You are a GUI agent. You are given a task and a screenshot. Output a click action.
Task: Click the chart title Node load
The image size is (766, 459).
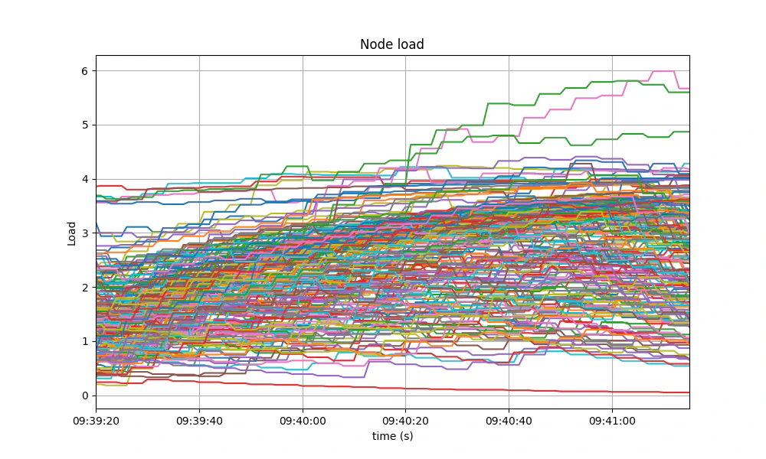[392, 44]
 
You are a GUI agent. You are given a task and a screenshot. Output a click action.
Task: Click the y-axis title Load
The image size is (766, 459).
[72, 233]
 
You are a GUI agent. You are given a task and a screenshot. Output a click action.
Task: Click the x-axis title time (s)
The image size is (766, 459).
[392, 436]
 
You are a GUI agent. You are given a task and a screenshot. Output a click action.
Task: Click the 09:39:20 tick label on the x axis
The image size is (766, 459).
[96, 421]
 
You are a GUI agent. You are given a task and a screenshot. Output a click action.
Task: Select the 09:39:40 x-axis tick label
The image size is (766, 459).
[199, 421]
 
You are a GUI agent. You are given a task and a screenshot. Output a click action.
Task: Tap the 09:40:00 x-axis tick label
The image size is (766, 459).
[303, 421]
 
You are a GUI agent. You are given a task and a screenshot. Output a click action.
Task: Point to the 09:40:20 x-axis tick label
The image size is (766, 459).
[405, 421]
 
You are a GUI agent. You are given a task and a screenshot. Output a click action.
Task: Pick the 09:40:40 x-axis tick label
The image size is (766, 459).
[509, 421]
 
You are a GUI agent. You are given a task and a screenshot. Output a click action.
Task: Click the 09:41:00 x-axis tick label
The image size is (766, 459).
[612, 421]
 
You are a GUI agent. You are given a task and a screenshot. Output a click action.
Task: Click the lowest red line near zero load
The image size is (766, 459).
[460, 389]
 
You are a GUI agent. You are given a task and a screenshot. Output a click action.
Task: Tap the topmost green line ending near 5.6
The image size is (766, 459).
[613, 81]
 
